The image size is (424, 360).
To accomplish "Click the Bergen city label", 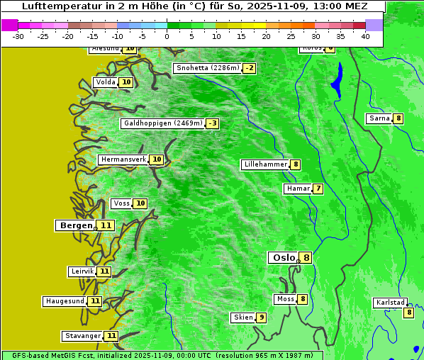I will pyautogui.click(x=76, y=225).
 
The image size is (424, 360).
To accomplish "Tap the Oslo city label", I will pyautogui.click(x=284, y=258).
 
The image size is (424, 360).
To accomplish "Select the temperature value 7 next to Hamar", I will pyautogui.click(x=318, y=189).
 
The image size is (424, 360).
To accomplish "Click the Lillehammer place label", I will pyautogui.click(x=265, y=164).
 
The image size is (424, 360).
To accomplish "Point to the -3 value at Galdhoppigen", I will pyautogui.click(x=212, y=123).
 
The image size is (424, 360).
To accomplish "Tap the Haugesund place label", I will pyautogui.click(x=65, y=301).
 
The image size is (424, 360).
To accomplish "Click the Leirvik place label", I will pyautogui.click(x=82, y=271).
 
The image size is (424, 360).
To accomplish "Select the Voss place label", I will pyautogui.click(x=121, y=203).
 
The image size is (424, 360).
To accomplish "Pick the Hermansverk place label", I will pyautogui.click(x=123, y=159).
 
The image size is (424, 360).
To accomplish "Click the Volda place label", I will pyautogui.click(x=106, y=82).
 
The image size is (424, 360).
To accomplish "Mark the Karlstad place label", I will pyautogui.click(x=391, y=303).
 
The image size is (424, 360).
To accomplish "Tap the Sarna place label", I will pyautogui.click(x=379, y=118).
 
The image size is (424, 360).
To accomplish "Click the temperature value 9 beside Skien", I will pyautogui.click(x=262, y=317).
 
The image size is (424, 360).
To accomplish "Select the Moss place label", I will pyautogui.click(x=286, y=299).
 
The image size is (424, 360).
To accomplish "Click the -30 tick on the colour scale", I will pyautogui.click(x=18, y=36).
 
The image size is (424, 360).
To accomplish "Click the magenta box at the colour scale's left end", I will pyautogui.click(x=9, y=25).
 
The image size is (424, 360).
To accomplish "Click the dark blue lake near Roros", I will pyautogui.click(x=336, y=79).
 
